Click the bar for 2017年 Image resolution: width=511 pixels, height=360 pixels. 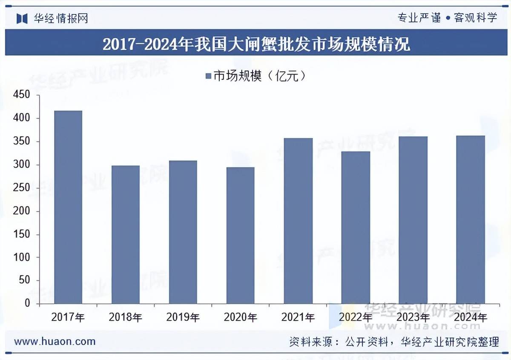68,207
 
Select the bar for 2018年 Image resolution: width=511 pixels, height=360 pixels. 126,234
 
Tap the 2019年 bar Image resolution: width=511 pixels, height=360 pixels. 183,232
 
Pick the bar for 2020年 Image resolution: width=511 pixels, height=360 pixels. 241,235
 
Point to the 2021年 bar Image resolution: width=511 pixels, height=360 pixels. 298,221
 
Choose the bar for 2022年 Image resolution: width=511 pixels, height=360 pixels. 356,227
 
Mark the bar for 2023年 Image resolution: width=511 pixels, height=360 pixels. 413,220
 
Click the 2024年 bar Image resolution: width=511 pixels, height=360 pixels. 471,220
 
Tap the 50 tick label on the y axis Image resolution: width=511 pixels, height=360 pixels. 25,280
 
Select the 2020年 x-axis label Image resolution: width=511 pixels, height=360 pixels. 241,317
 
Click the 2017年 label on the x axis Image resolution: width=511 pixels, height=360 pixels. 68,317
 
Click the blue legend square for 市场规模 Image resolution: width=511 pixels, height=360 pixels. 208,76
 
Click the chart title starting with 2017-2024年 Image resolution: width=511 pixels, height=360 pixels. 256,44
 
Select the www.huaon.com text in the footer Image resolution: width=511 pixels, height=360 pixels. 55,341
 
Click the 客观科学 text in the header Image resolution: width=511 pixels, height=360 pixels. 476,18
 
